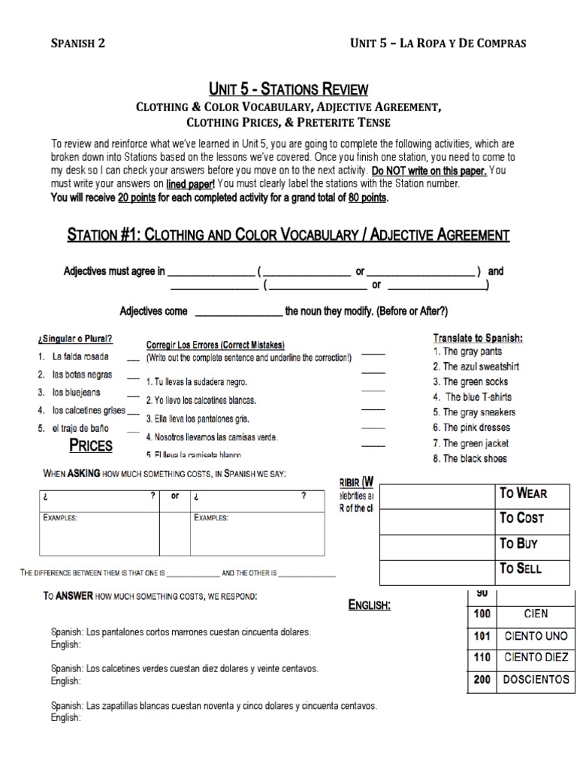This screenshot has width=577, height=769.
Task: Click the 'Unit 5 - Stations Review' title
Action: click(x=288, y=89)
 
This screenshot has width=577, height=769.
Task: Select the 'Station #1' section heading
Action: click(x=288, y=235)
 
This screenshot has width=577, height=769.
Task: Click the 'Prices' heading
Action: click(x=91, y=445)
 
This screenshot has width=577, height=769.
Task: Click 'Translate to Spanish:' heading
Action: click(x=478, y=338)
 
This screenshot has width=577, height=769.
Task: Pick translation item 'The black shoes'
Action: click(x=470, y=458)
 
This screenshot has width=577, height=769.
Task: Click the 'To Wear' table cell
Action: click(x=524, y=493)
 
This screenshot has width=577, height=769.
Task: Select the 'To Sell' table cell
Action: click(x=521, y=568)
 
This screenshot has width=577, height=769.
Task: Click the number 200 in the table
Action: click(x=482, y=680)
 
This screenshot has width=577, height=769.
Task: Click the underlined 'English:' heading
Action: click(x=369, y=605)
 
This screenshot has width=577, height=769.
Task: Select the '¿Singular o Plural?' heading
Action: click(x=71, y=339)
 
